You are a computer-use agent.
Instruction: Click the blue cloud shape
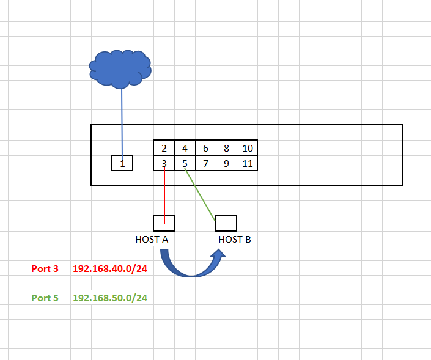coord(120,68)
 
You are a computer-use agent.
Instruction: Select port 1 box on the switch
coord(122,163)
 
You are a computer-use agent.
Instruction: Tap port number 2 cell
coord(164,148)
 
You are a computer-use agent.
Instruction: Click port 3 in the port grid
coord(164,163)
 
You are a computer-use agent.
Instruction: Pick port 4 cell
coord(185,148)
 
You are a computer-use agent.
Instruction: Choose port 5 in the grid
coord(185,163)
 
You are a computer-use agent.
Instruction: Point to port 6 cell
coord(205,148)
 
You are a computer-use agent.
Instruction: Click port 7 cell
coord(205,163)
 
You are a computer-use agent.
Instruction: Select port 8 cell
coord(226,148)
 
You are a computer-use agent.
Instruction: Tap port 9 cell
coord(226,163)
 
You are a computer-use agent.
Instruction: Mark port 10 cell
coord(247,148)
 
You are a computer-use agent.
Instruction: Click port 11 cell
coord(247,163)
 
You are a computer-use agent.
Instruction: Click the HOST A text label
coord(152,240)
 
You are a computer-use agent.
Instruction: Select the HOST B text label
coord(235,240)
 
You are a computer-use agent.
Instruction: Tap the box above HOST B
coord(226,223)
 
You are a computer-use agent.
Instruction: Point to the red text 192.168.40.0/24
coord(110,268)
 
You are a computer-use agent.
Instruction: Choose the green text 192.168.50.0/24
coord(110,298)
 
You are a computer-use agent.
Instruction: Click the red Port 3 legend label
coord(45,268)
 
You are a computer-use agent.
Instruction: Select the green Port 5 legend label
coord(45,298)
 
